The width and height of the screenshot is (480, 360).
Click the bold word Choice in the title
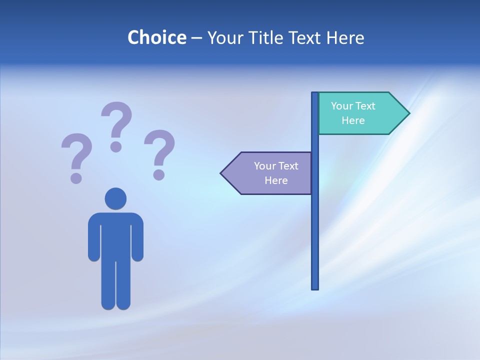coord(156,37)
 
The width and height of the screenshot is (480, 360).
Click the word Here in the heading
coord(345,37)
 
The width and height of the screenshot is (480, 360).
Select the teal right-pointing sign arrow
coord(360,113)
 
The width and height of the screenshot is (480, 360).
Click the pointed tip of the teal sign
coord(408,113)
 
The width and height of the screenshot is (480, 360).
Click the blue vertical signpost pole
coord(315,225)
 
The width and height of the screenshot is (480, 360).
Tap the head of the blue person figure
coord(115,198)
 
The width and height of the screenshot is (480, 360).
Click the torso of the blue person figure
coord(115,235)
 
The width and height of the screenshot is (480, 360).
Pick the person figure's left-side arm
coord(93,240)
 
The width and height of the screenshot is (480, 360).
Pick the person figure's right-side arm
coord(138,240)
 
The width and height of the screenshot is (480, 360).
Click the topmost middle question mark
coord(117,120)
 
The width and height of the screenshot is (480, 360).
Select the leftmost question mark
coord(76,152)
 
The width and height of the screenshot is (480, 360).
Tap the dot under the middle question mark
coord(116,146)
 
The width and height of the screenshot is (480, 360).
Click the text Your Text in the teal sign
coord(353,106)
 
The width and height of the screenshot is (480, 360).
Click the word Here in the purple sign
coord(276,180)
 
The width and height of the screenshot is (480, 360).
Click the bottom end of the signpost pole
coord(315,287)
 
